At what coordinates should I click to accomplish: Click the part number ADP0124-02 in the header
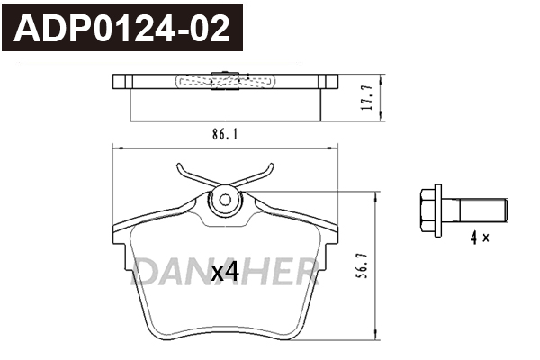point(121,29)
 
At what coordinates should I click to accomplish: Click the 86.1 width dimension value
point(225,134)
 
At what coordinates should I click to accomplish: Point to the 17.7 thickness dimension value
point(367,98)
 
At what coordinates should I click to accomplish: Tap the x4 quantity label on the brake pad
point(225,274)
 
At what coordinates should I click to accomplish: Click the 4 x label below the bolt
point(480,238)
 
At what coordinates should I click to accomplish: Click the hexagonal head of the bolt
point(427,210)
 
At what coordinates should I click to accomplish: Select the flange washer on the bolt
point(438,211)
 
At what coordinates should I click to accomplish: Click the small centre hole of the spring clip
point(225,200)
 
